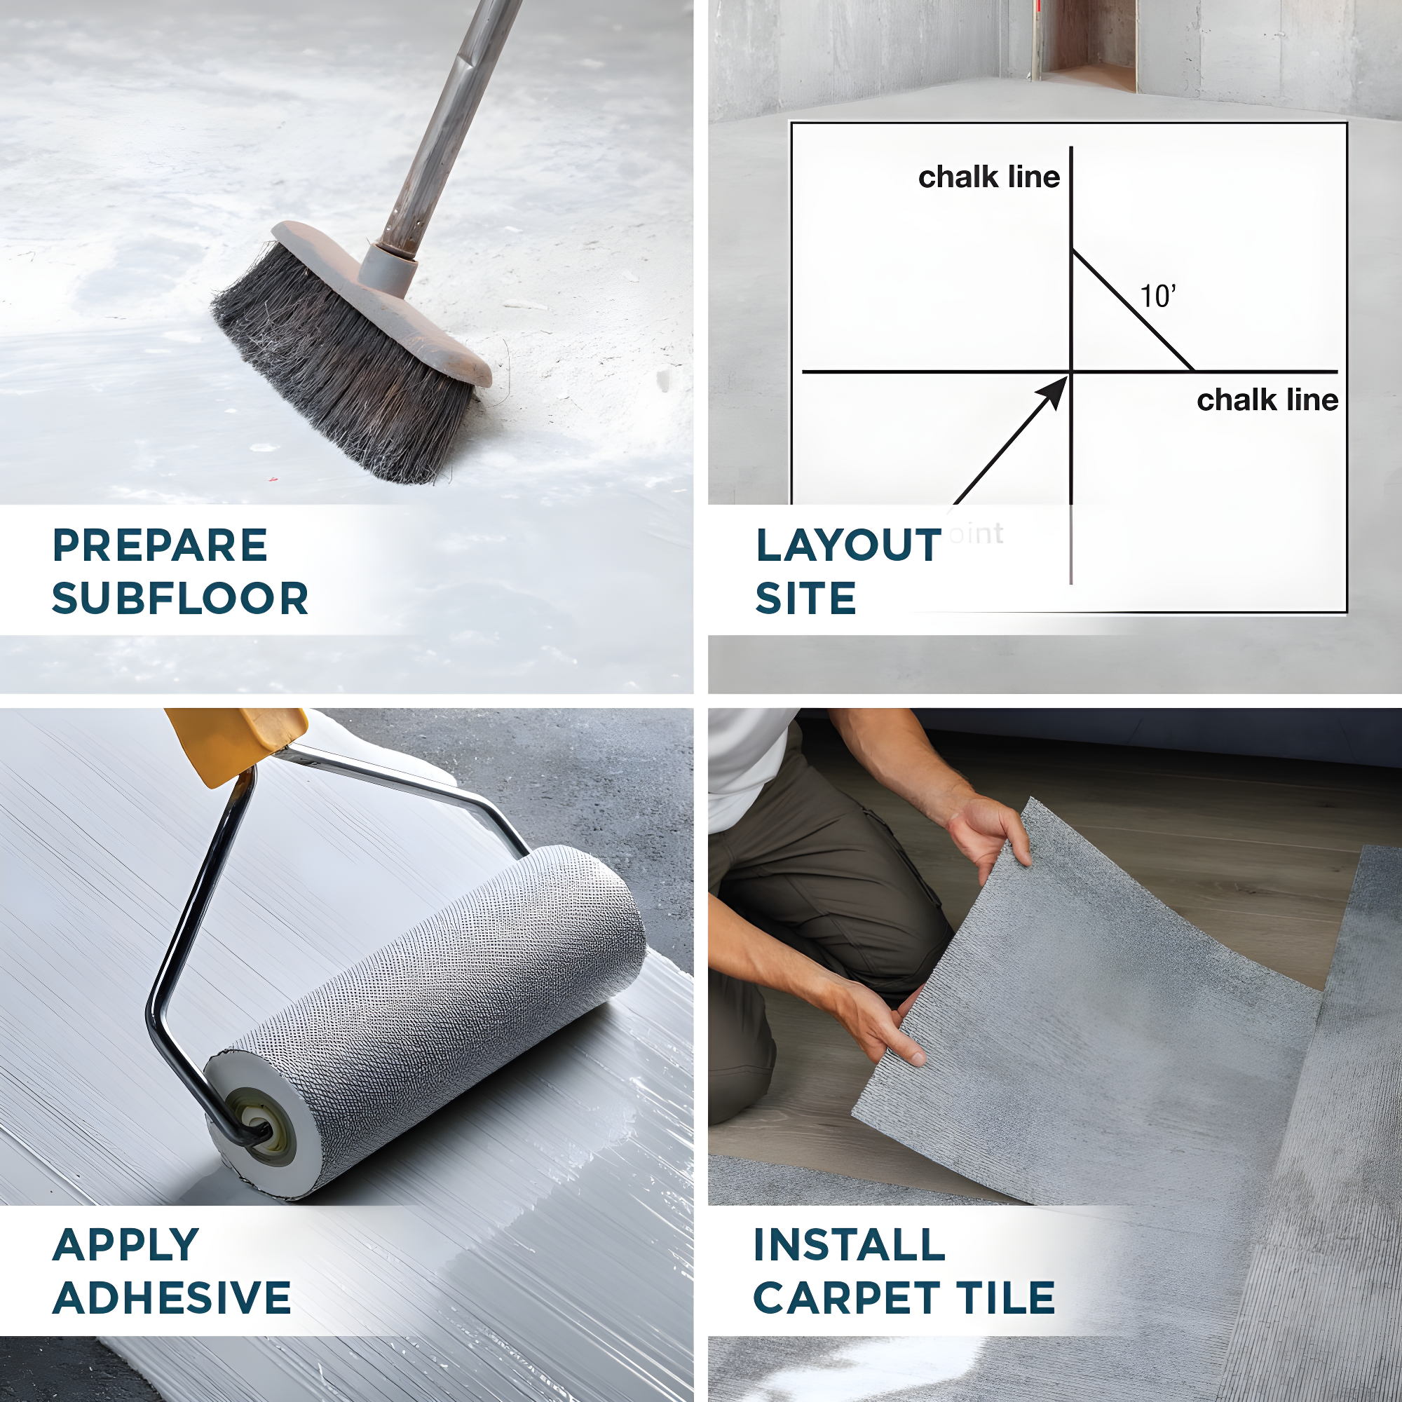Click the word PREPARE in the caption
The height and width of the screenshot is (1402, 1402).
click(x=160, y=545)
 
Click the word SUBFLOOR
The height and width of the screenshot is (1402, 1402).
click(x=180, y=599)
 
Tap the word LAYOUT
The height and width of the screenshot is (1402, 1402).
click(x=848, y=545)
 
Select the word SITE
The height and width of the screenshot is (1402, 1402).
click(x=805, y=599)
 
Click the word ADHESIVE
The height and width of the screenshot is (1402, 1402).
click(x=172, y=1298)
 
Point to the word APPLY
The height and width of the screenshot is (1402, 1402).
click(x=125, y=1245)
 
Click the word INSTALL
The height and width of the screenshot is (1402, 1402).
click(x=849, y=1245)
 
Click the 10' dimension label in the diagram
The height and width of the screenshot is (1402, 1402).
click(x=1157, y=296)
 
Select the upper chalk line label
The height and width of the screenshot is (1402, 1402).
click(x=988, y=177)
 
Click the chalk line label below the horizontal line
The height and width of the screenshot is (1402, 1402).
click(x=1267, y=400)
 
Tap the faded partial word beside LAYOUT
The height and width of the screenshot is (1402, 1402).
click(x=976, y=534)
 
